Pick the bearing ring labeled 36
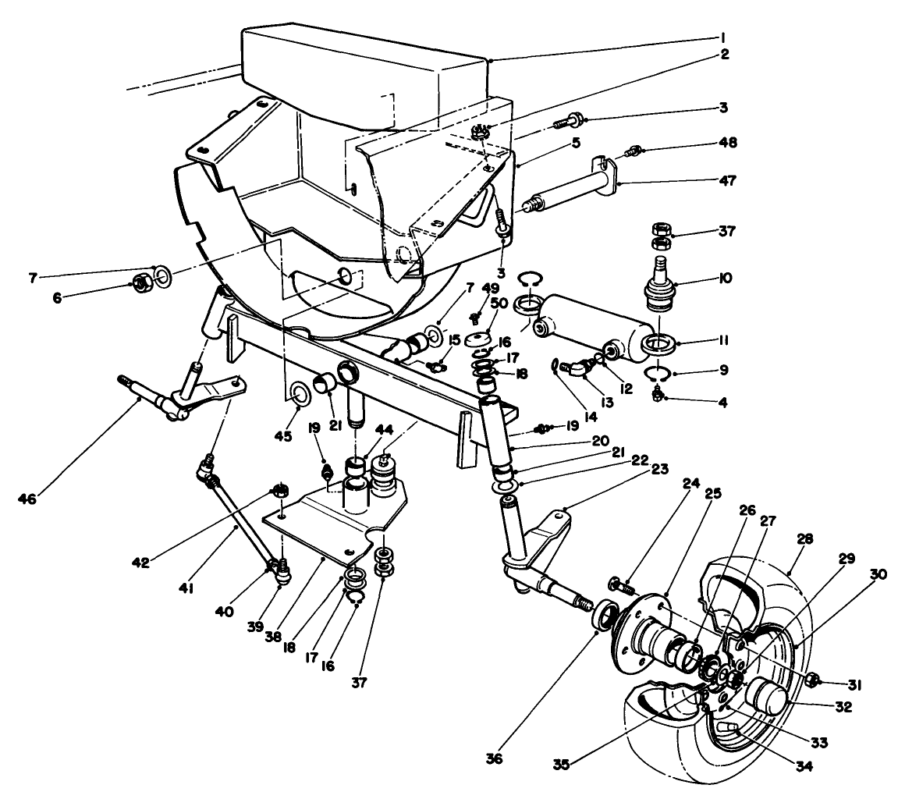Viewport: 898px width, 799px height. point(605,613)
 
